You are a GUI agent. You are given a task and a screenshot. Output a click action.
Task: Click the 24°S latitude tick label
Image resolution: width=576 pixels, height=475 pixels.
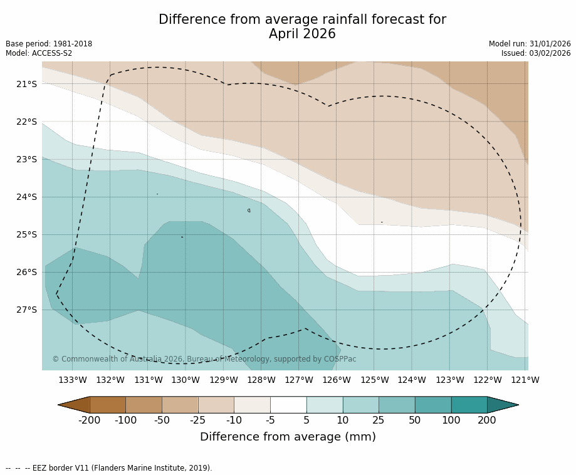tap(27, 197)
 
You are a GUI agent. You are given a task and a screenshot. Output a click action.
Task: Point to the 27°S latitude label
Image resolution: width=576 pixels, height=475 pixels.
tap(27, 310)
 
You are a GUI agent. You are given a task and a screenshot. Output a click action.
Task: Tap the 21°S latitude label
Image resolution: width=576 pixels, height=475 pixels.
tap(27, 84)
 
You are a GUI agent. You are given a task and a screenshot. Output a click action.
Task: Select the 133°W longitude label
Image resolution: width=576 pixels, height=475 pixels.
tap(72, 380)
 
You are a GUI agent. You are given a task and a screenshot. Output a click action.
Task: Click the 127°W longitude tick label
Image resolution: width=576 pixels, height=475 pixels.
tap(299, 380)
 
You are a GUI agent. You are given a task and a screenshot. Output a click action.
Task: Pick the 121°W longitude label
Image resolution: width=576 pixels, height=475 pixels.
tap(525, 380)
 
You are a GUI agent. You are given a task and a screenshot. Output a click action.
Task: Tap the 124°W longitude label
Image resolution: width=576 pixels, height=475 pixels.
tap(412, 380)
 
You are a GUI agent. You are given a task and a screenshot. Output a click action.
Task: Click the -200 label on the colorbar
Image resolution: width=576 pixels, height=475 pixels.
tap(90, 420)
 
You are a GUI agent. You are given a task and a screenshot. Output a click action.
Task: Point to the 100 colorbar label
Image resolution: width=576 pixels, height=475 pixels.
tap(451, 420)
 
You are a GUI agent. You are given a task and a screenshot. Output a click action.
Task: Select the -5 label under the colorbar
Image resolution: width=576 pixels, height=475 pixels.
tap(270, 420)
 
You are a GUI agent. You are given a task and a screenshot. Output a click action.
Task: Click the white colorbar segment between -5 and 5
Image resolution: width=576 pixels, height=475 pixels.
tap(288, 405)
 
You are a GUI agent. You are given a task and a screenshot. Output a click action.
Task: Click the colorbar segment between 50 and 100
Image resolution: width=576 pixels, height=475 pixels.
tap(432, 405)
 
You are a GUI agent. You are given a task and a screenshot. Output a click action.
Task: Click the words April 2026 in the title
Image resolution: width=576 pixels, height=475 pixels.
tap(302, 34)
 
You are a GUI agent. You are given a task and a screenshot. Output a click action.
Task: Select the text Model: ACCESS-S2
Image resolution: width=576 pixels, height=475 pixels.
tap(39, 53)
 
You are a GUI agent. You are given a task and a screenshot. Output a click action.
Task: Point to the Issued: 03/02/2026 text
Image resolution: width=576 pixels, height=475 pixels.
tap(536, 53)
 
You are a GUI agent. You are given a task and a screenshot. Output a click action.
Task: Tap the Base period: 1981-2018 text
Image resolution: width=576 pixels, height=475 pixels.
tap(49, 44)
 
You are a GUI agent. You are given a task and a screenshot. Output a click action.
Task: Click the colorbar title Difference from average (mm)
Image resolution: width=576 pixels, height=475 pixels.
tap(288, 437)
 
